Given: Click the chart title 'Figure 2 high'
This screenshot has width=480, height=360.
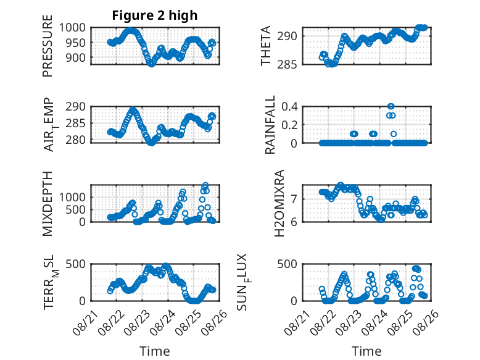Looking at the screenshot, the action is click(x=155, y=15).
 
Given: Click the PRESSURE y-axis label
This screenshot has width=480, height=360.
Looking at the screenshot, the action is click(x=48, y=46).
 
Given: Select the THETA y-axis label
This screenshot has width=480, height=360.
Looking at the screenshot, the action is click(x=266, y=46).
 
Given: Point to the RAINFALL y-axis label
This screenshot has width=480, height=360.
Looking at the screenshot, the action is click(x=270, y=125).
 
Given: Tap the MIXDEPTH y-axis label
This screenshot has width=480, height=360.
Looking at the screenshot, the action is click(x=48, y=204).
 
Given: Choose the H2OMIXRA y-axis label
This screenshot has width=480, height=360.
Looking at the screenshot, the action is click(x=279, y=203).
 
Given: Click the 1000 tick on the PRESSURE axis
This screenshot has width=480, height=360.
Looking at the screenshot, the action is click(x=72, y=28).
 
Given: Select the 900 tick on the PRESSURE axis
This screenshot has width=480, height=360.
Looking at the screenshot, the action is click(x=76, y=57).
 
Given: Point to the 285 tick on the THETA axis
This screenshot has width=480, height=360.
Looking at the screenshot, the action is click(x=287, y=65).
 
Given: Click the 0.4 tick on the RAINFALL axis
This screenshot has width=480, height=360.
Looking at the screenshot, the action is click(x=289, y=107).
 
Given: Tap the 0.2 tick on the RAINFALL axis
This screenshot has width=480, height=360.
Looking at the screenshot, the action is click(x=289, y=125).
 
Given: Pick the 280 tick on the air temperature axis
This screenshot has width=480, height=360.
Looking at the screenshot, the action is click(x=76, y=140).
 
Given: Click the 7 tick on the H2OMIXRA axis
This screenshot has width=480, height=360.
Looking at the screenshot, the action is click(x=294, y=199).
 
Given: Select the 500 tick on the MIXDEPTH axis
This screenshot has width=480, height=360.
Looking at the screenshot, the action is click(x=76, y=210).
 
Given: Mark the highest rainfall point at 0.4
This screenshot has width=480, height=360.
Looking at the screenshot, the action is click(x=391, y=106).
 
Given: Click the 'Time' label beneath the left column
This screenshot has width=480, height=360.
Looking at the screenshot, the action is click(x=155, y=351).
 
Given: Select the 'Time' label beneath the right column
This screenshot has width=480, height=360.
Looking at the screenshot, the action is click(x=366, y=351).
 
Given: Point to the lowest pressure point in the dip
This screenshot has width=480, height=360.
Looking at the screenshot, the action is click(x=151, y=64).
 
